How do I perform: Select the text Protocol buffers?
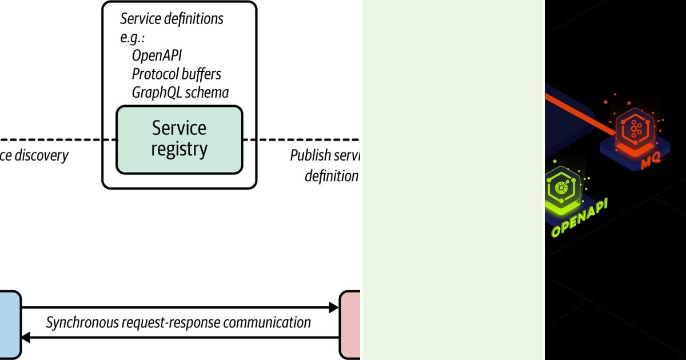tap(176, 74)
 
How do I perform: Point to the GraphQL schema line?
tap(180, 92)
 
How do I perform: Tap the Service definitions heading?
tap(171, 19)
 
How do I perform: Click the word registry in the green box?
tap(179, 150)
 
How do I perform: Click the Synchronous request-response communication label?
tap(178, 322)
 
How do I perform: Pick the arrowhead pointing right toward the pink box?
tap(334, 308)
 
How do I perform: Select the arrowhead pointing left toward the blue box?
tap(26, 338)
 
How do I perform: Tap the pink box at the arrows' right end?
tap(350, 325)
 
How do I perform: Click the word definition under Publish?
tap(331, 176)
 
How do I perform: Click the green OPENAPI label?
tap(579, 218)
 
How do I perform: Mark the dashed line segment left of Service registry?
tap(57, 139)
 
